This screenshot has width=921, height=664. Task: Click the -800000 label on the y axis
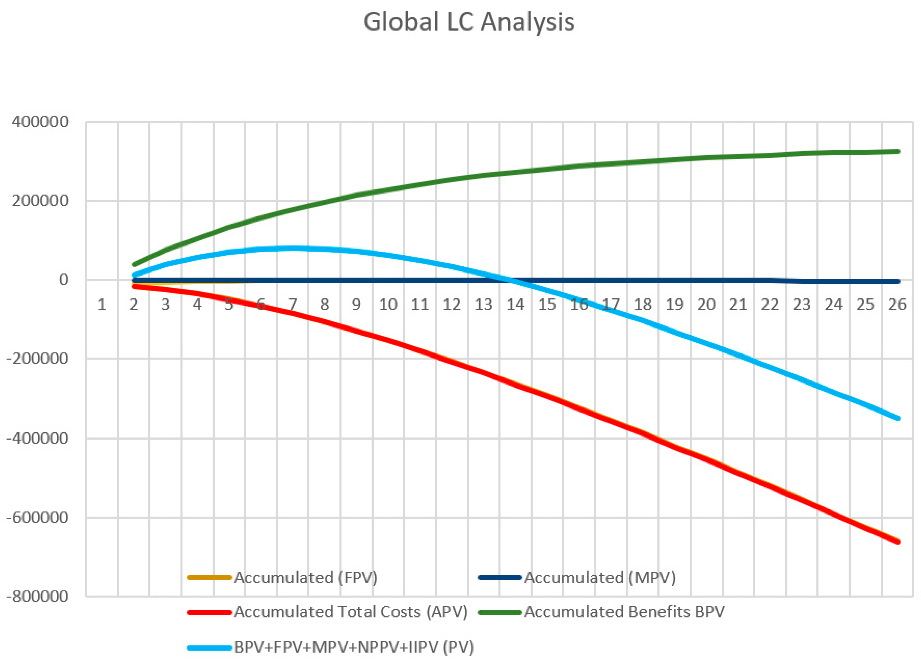tap(37, 596)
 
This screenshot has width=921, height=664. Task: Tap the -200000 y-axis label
tap(37, 359)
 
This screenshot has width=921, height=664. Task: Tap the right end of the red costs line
tap(898, 541)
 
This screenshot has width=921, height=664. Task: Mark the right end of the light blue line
tap(898, 418)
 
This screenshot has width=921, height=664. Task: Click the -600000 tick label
tap(37, 517)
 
